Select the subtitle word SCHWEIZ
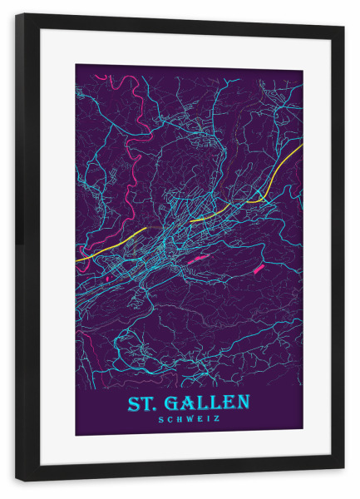[189, 419]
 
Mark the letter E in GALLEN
[229, 403]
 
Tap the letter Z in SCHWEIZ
[218, 419]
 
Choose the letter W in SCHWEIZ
[189, 419]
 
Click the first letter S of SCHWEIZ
[160, 419]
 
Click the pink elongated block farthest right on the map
[258, 268]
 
